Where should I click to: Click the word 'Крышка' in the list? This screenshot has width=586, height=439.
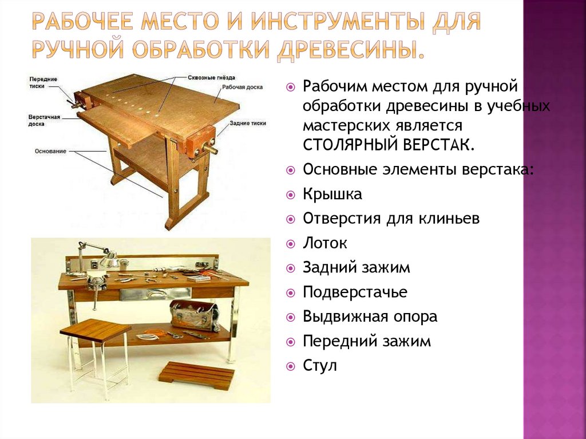click(x=332, y=195)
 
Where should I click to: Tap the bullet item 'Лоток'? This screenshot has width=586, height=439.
click(x=324, y=243)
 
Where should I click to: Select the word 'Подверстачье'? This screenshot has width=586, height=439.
click(x=355, y=292)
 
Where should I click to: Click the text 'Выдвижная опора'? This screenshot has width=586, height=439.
click(x=370, y=317)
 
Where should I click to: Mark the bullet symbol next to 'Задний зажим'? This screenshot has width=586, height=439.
click(x=290, y=268)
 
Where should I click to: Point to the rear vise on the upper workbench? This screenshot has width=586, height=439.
click(x=198, y=144)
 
